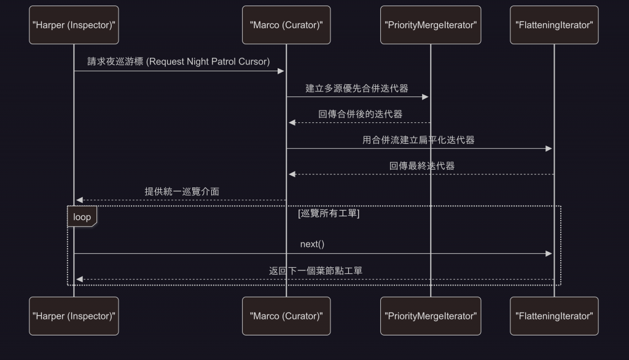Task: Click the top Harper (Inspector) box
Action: [x=74, y=25]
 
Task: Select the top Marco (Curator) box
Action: [x=286, y=25]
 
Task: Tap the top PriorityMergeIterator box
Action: [x=430, y=25]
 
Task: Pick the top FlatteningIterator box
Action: [x=554, y=25]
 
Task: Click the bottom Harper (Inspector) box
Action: [x=74, y=316]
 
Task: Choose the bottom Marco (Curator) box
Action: [x=286, y=316]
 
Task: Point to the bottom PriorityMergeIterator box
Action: [x=430, y=316]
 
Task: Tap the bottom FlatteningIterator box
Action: [x=554, y=316]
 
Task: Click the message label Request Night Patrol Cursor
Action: [x=179, y=61]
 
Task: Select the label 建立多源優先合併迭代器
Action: [x=357, y=88]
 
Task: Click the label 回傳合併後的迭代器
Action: [x=360, y=114]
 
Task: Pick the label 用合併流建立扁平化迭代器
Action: [x=418, y=139]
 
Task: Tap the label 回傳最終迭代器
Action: [x=422, y=166]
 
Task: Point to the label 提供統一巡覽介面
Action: [x=182, y=192]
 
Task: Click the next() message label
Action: [x=312, y=245]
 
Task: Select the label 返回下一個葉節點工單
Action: [x=311, y=270]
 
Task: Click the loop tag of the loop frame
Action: [x=82, y=217]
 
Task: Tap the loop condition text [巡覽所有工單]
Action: [x=329, y=214]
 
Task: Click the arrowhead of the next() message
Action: [x=549, y=254]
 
